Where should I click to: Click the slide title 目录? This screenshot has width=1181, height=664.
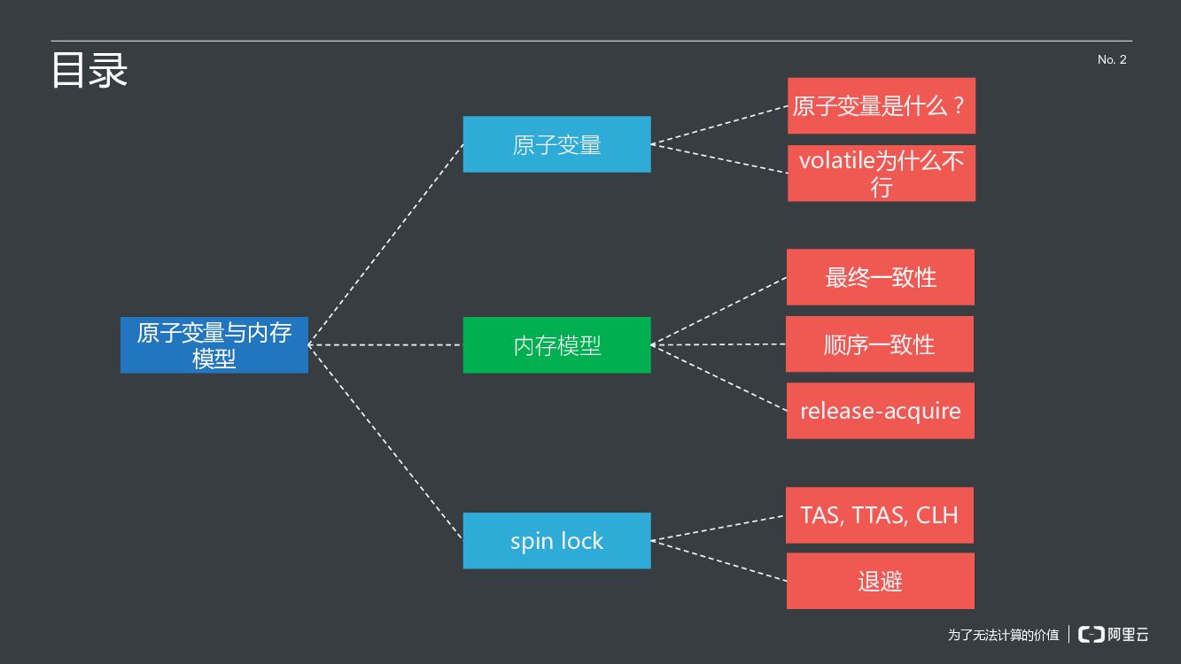pos(89,71)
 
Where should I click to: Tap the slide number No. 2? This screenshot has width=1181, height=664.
pos(1111,59)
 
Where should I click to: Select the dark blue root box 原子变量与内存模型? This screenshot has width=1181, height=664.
pos(214,345)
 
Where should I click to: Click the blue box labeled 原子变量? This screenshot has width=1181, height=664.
pos(556,144)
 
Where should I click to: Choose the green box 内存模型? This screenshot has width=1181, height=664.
pos(556,345)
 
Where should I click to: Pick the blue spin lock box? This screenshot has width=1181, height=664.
pos(556,541)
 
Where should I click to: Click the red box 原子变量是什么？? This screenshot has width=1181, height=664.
pos(881,106)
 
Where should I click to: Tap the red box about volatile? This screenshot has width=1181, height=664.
pos(881,174)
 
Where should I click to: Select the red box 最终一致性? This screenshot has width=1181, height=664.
pos(880,277)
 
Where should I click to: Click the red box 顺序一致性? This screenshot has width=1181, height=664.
pos(879,344)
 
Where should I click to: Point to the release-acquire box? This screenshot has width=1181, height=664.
pos(880,411)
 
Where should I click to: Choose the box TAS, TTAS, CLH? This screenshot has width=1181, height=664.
pos(879,515)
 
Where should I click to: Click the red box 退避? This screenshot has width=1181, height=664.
pos(880,582)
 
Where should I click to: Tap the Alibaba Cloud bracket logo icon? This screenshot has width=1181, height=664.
pos(1092,634)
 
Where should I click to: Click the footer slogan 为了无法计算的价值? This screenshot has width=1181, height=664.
pos(1003,635)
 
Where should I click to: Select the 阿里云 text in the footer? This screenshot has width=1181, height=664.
pos(1129,634)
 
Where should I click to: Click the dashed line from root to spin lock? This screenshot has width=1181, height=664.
pos(385,443)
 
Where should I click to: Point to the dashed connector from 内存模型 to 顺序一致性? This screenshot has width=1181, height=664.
pos(718,344)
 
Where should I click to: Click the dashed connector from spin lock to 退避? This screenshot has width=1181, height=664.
pos(718,560)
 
